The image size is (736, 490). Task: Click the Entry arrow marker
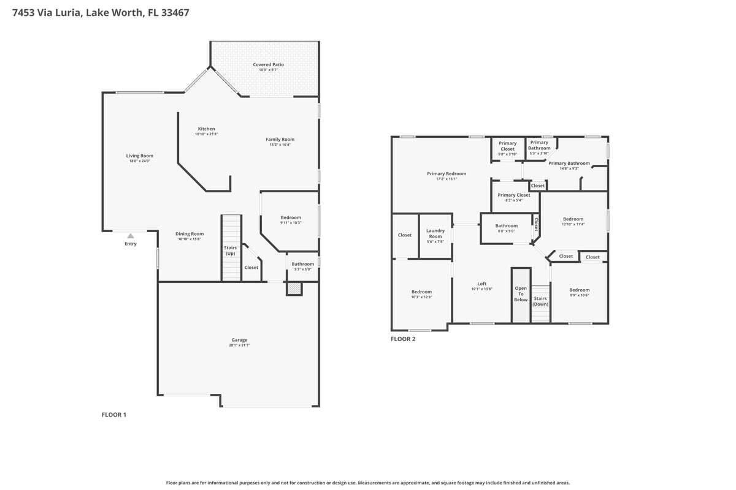[x=131, y=236]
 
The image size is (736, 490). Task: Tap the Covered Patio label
[x=268, y=64]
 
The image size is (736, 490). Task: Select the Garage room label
[x=239, y=340]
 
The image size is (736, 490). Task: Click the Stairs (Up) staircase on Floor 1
[x=231, y=248]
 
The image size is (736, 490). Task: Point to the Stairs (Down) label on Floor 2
[x=540, y=301]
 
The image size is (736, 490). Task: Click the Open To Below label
[x=521, y=294]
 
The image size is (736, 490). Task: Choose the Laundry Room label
[x=435, y=233]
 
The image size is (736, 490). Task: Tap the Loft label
[x=482, y=284]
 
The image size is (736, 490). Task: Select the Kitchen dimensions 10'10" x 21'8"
[x=206, y=134]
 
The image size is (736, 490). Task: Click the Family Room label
[x=280, y=139]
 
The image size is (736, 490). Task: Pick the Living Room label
[x=140, y=156]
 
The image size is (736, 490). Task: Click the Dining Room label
[x=190, y=233]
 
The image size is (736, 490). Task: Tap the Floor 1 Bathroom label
[x=303, y=264]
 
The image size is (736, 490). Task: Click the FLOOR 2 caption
[x=403, y=339]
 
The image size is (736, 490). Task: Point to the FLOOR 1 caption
[x=113, y=415]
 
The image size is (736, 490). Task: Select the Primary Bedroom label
[x=447, y=173]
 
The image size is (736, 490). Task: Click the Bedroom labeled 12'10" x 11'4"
[x=573, y=219]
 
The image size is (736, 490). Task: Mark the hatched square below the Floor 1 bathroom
[x=294, y=288]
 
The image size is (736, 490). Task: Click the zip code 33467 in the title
[x=174, y=12]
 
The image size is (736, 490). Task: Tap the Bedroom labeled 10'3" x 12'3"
[x=421, y=292]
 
